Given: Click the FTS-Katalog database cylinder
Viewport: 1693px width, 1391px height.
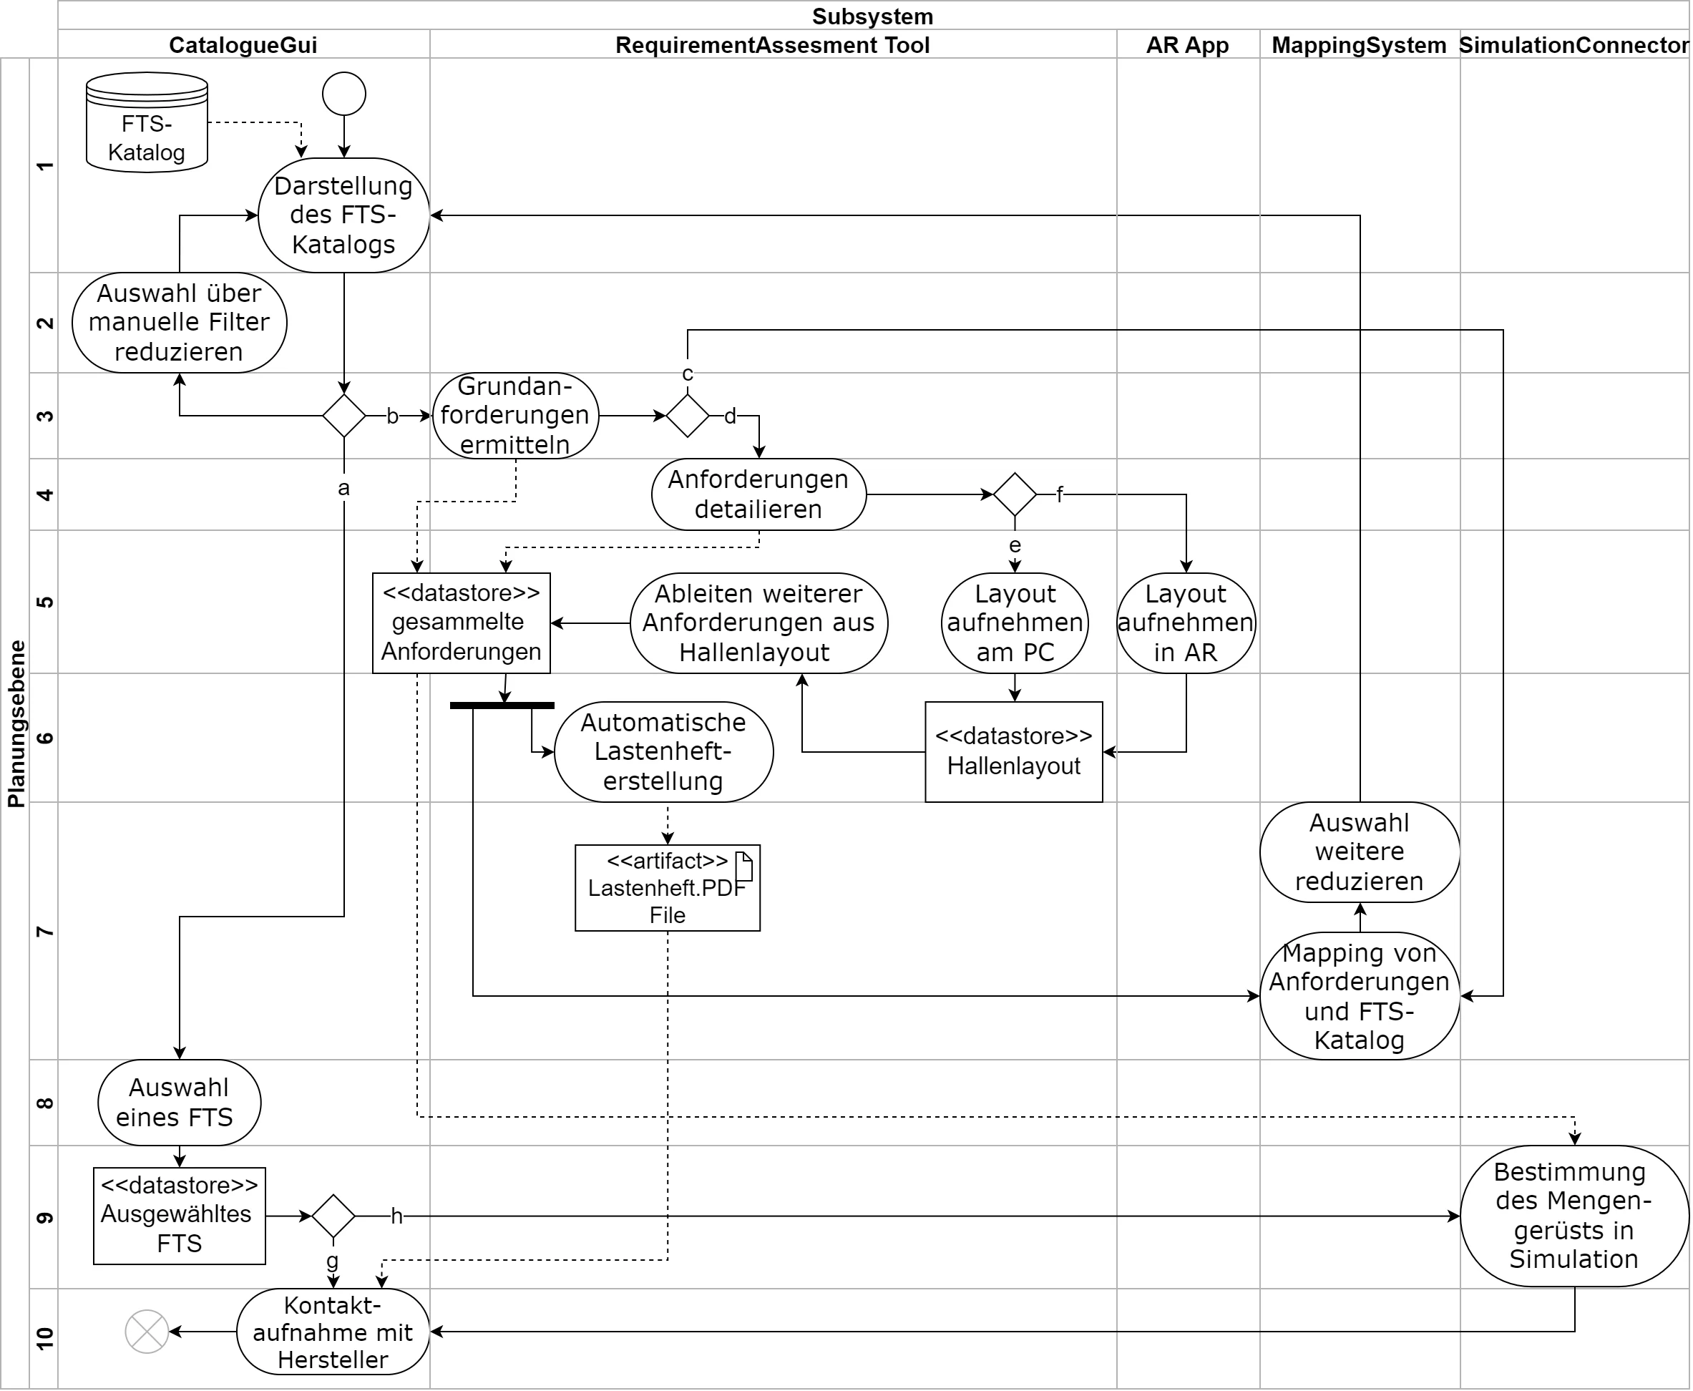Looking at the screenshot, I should (x=147, y=122).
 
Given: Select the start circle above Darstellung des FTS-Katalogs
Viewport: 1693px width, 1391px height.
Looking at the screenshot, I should (x=343, y=94).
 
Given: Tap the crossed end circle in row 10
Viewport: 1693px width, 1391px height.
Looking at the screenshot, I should (x=147, y=1332).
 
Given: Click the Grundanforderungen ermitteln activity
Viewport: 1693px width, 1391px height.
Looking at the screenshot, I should (x=515, y=416).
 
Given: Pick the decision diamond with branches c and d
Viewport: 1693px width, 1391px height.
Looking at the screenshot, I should (x=688, y=416).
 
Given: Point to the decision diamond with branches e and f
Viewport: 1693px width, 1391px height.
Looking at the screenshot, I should (x=1015, y=494).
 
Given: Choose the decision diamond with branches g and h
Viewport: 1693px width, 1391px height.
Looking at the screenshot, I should (x=333, y=1216).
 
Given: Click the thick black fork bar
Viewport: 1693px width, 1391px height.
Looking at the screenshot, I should (x=502, y=705).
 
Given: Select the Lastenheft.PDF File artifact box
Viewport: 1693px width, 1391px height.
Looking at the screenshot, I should (x=668, y=888).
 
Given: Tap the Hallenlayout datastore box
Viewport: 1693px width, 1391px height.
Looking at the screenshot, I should (x=1013, y=751).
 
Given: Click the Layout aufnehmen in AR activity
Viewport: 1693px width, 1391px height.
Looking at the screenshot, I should (x=1186, y=623).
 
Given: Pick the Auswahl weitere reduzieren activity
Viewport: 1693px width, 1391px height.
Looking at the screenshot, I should (x=1359, y=851).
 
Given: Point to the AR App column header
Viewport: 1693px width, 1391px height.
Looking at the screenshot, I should (x=1186, y=45).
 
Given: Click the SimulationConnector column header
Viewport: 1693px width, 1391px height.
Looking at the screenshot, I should (x=1574, y=45).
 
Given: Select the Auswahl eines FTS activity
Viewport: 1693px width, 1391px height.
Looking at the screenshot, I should (x=180, y=1102).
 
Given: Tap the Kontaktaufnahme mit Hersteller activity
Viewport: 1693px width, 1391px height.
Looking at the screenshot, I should (x=333, y=1332).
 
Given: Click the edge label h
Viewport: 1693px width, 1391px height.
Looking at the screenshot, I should (x=396, y=1216).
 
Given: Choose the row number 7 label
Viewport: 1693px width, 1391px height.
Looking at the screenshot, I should (x=45, y=931).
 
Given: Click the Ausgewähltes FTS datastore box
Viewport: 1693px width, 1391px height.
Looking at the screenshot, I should (x=180, y=1216).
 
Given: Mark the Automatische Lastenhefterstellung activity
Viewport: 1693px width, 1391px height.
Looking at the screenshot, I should (x=663, y=751).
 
